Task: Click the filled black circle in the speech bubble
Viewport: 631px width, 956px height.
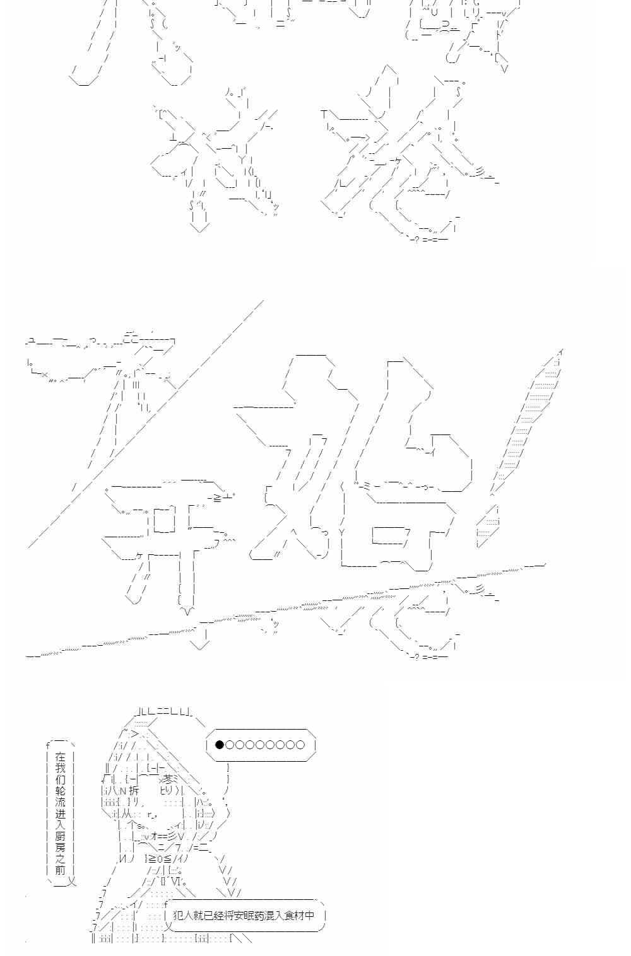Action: coord(220,745)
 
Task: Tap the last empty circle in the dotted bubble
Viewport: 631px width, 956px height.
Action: coord(300,745)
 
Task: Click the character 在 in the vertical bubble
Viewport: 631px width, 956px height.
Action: coord(60,757)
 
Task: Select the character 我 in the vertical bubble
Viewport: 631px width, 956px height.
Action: coord(60,768)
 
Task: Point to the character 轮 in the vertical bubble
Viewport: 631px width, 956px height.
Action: coord(60,791)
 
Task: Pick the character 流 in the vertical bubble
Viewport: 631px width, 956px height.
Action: coord(60,802)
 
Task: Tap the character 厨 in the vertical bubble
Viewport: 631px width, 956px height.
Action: coord(60,836)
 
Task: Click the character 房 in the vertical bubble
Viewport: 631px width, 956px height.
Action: coord(60,848)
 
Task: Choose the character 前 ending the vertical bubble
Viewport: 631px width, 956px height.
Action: coord(60,870)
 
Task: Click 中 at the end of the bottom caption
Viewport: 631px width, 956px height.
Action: coord(309,915)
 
